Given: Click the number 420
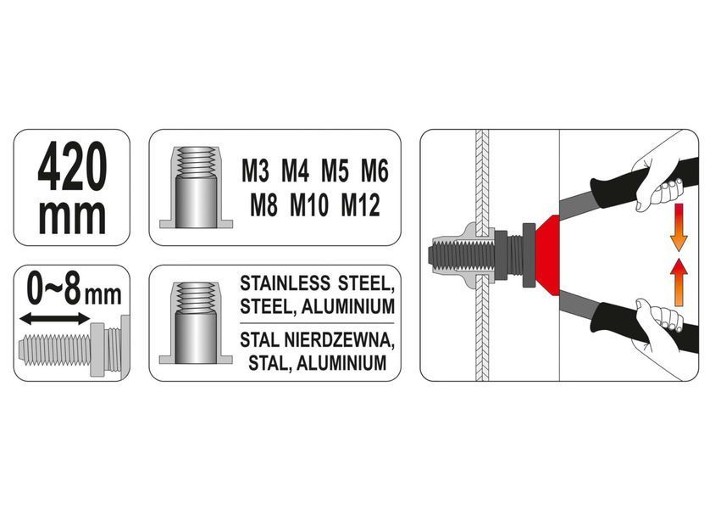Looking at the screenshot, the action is [72, 166].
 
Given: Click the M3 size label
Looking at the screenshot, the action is [256, 171].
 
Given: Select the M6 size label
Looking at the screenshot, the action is [374, 171].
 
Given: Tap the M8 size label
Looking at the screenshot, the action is [264, 205].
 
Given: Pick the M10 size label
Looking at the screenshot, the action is [309, 205].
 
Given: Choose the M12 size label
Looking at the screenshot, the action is [361, 205].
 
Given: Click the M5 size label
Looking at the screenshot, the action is [335, 171].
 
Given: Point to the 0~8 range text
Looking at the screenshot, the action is [54, 289].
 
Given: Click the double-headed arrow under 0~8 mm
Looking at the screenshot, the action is [55, 318].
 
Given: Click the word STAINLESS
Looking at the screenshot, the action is [285, 283].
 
